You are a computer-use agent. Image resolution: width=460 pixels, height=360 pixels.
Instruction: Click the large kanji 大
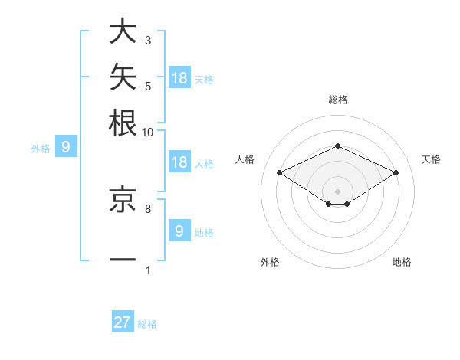(123, 31)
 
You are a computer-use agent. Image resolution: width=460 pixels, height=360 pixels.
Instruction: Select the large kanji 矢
(123, 77)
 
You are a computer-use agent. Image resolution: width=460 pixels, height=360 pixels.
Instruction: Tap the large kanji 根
(123, 123)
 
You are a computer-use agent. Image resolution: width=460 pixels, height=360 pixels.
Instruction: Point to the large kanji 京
(123, 198)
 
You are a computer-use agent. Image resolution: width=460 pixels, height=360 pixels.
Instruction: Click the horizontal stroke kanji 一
(123, 260)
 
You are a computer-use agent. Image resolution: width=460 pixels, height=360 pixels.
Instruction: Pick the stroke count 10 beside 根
(147, 133)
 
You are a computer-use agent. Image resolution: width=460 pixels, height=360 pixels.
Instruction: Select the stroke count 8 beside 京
(148, 209)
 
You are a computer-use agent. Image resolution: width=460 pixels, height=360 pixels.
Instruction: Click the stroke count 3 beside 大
(148, 40)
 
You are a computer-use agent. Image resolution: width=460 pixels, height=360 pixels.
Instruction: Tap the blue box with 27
(123, 321)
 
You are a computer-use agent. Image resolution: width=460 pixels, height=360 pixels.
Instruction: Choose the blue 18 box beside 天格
(179, 77)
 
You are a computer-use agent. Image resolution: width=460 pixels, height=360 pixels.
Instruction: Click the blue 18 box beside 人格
(179, 162)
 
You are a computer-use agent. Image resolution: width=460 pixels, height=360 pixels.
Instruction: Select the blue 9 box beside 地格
(179, 230)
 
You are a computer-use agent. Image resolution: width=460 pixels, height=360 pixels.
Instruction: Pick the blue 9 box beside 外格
(66, 146)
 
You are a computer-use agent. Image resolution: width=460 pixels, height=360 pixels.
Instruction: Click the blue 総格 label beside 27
(147, 324)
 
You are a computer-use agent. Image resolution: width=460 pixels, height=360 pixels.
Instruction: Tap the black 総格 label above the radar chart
(338, 100)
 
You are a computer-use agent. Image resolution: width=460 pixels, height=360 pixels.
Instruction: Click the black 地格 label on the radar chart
(402, 262)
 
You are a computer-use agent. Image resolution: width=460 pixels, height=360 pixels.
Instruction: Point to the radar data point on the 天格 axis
(396, 172)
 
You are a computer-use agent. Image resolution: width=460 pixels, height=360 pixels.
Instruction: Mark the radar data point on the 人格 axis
(280, 172)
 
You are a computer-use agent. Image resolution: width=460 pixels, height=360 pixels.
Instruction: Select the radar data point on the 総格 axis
(337, 146)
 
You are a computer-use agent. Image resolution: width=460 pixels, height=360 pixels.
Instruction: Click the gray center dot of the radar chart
(337, 191)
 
